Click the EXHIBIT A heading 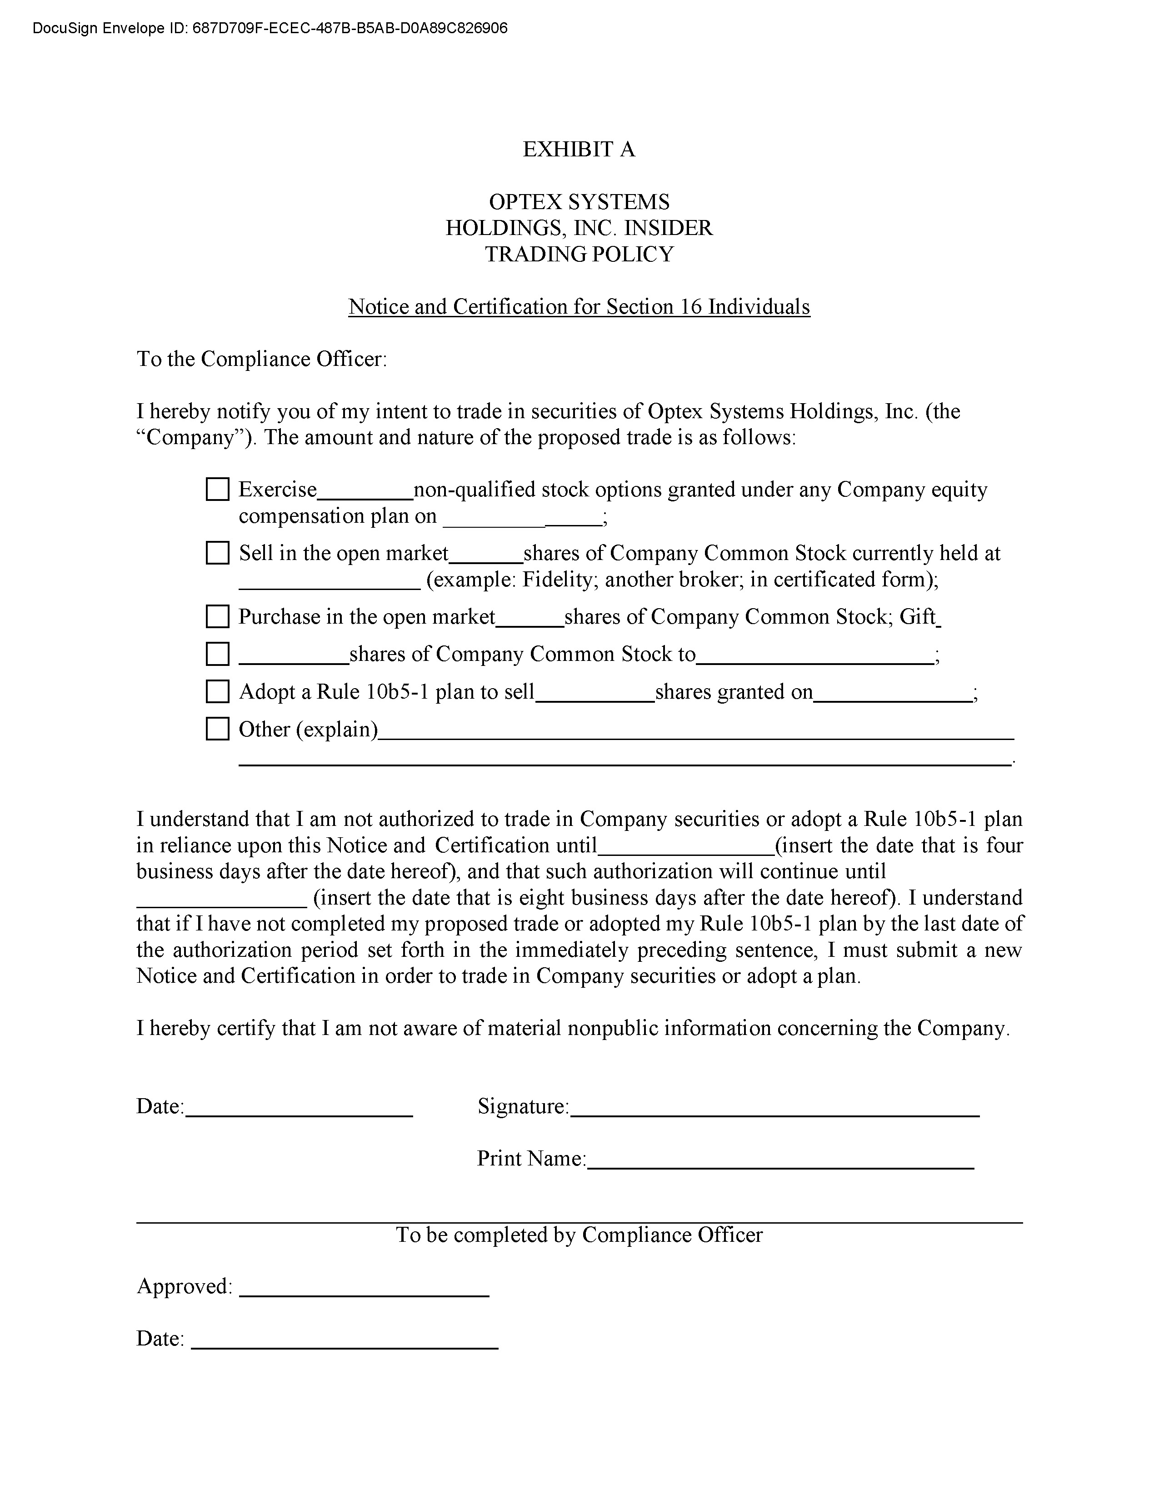click(x=579, y=149)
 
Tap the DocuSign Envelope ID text click(x=270, y=28)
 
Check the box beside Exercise click(x=218, y=490)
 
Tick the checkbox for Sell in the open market click(x=218, y=553)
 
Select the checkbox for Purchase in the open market click(x=218, y=617)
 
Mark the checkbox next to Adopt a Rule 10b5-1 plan click(x=218, y=692)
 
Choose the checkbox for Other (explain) click(x=218, y=729)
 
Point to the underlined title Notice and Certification click(x=579, y=306)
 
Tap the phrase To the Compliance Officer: click(x=262, y=359)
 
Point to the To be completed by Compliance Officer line click(x=579, y=1235)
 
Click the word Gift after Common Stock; click(x=918, y=617)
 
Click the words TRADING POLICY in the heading click(x=579, y=254)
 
